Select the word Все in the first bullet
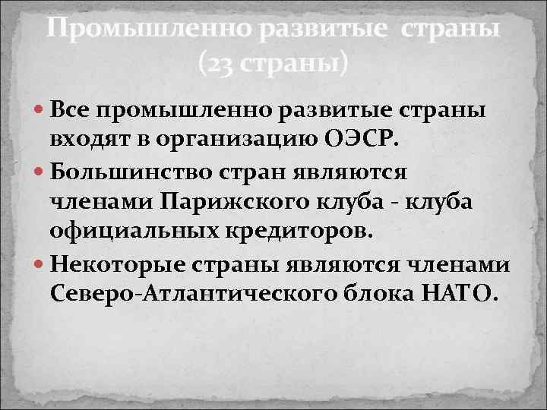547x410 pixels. coord(72,112)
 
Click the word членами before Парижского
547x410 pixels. coord(98,201)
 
